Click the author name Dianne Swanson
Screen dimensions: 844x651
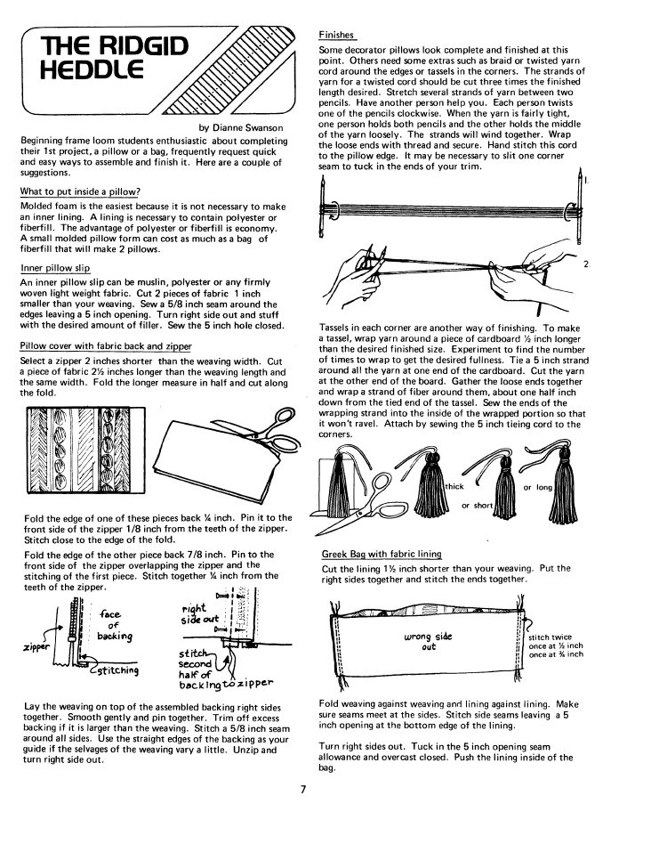pos(241,127)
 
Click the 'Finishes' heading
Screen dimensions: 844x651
pos(337,35)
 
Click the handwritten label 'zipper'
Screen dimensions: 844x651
pos(33,647)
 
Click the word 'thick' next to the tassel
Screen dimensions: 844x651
pos(455,487)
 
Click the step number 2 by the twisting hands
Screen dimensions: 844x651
pos(587,264)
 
